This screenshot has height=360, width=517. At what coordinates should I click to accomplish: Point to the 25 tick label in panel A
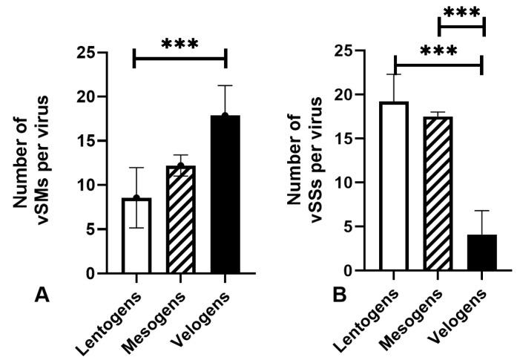pyautogui.click(x=94, y=53)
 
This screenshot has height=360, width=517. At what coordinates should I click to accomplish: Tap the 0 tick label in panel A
pyautogui.click(x=100, y=274)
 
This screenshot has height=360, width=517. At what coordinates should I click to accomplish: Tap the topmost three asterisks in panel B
pyautogui.click(x=461, y=13)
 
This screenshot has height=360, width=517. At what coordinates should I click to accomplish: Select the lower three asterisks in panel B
pyautogui.click(x=438, y=52)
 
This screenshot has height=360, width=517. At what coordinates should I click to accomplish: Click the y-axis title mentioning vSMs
pyautogui.click(x=47, y=163)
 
